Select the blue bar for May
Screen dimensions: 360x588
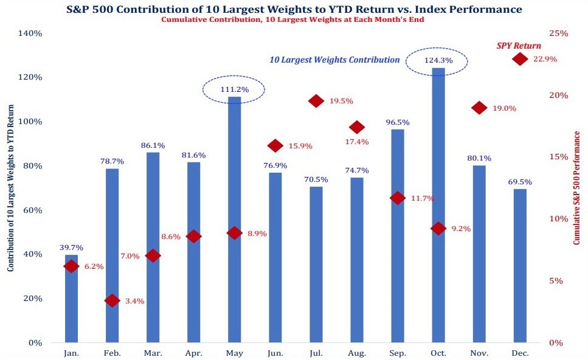click(234, 219)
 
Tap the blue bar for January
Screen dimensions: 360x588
click(72, 298)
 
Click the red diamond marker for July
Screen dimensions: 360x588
click(316, 101)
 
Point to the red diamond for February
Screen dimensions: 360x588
click(112, 300)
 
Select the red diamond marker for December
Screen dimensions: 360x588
click(520, 59)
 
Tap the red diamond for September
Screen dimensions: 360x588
click(398, 198)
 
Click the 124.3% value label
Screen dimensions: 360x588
click(438, 60)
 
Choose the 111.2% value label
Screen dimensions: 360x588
click(234, 90)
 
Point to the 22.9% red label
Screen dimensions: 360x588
click(545, 60)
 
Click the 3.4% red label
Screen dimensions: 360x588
click(134, 301)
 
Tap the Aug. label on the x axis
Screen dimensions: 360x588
click(357, 353)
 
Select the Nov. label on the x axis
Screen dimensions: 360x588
click(479, 353)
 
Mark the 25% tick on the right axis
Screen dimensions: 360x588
click(558, 33)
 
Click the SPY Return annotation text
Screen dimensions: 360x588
click(519, 46)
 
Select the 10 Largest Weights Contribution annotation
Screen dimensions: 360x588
click(334, 60)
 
